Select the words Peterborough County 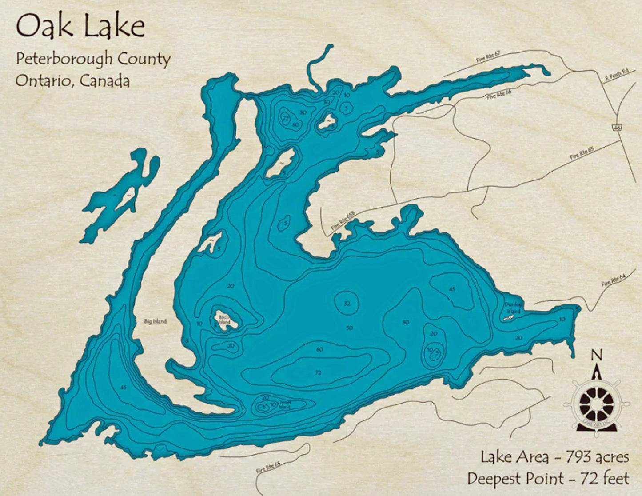pyautogui.click(x=93, y=60)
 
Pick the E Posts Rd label pyautogui.click(x=617, y=76)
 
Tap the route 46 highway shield pyautogui.click(x=617, y=128)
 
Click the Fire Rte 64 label pyautogui.click(x=613, y=281)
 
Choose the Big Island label pyautogui.click(x=155, y=321)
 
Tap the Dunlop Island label pyautogui.click(x=513, y=308)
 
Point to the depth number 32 pyautogui.click(x=347, y=304)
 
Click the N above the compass pyautogui.click(x=597, y=355)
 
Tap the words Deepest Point pyautogui.click(x=514, y=479)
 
